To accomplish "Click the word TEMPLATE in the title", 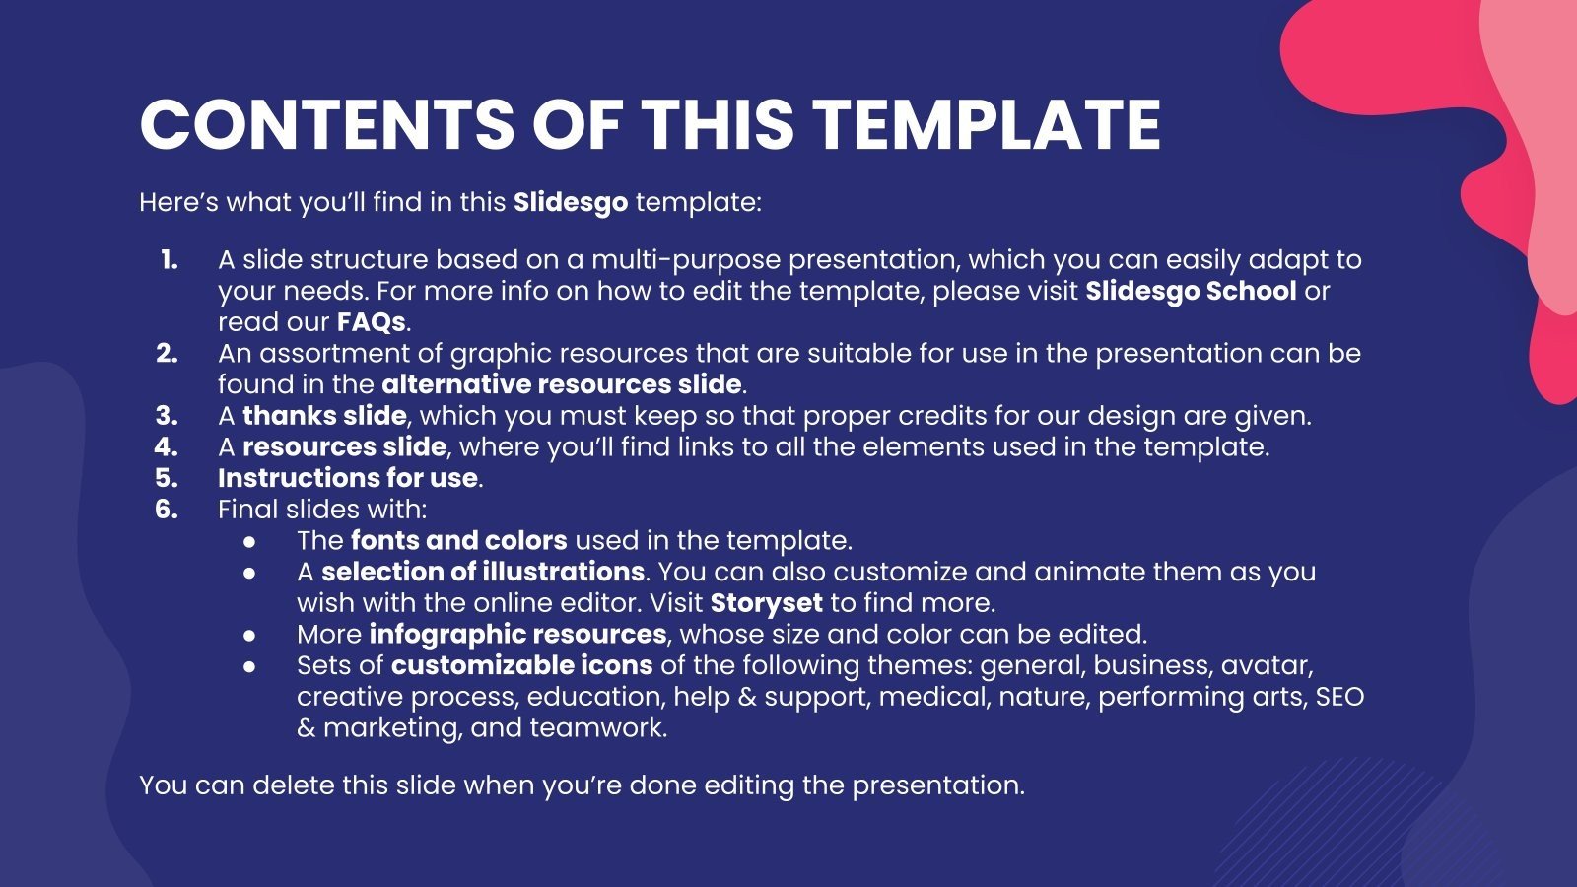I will tap(987, 124).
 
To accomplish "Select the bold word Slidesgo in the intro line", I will tap(570, 203).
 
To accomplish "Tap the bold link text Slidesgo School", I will tap(1191, 291).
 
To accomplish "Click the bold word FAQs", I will tap(371, 322).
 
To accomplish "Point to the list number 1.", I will tap(169, 260).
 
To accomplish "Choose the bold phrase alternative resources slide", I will tap(561, 384).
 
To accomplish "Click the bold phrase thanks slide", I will tap(324, 416).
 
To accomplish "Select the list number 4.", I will tap(167, 447).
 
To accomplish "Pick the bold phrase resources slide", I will tap(344, 447).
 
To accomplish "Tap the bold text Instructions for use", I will tap(348, 478).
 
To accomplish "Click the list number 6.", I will tap(167, 510).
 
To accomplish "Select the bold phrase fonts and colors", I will tap(458, 541).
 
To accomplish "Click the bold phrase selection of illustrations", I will tap(482, 572).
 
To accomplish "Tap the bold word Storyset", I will tap(766, 603).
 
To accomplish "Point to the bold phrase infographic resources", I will tap(517, 634).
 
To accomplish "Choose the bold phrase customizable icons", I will tap(521, 665).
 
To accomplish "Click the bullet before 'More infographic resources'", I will tap(250, 635).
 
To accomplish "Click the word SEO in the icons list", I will tap(1339, 697).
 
